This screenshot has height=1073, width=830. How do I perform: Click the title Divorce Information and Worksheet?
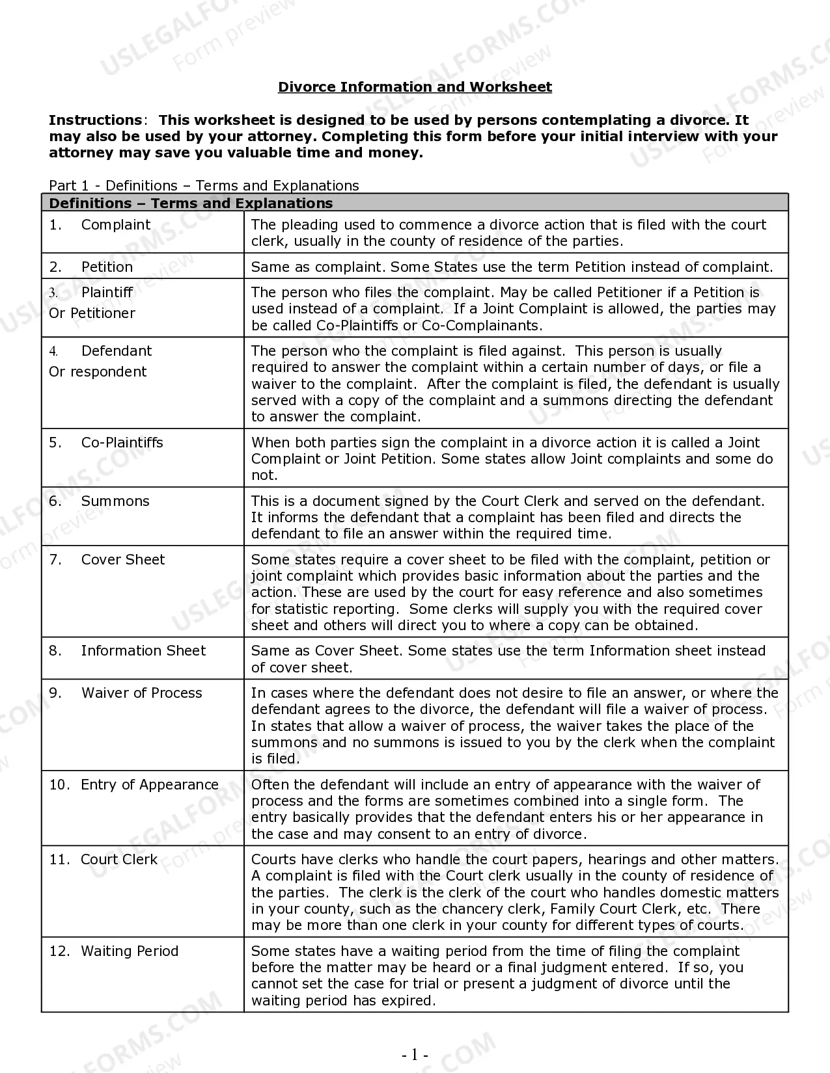415,87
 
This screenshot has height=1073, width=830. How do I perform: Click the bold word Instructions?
95,120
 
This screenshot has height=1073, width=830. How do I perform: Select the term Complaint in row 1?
115,225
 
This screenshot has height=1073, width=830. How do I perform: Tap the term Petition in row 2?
107,267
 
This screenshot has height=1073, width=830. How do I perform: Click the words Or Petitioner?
92,313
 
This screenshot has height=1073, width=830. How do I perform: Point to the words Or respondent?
98,372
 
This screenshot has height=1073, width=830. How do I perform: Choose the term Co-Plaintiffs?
122,443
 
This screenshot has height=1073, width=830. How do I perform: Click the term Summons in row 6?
115,501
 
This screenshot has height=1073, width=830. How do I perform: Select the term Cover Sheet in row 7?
123,560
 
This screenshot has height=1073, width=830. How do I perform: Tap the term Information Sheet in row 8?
143,651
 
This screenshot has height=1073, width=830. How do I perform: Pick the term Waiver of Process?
142,693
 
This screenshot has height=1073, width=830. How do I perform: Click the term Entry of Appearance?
150,785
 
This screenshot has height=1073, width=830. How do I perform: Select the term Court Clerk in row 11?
119,860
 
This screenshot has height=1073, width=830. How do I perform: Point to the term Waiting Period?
130,951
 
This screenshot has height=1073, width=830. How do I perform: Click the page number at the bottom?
415,1055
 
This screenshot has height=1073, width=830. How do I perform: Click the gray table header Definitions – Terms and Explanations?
191,204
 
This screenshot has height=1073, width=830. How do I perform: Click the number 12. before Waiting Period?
59,951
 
